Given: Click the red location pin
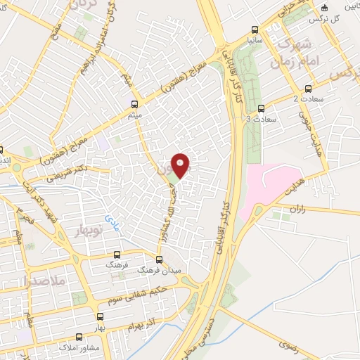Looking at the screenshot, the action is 181,166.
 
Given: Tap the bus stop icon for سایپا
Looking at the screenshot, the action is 255,32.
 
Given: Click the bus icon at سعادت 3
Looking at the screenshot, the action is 262,108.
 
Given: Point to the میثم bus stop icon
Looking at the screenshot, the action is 134,103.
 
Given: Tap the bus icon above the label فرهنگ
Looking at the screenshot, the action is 117,256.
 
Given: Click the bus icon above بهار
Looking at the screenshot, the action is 101,316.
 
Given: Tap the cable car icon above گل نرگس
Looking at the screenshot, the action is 323,8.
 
